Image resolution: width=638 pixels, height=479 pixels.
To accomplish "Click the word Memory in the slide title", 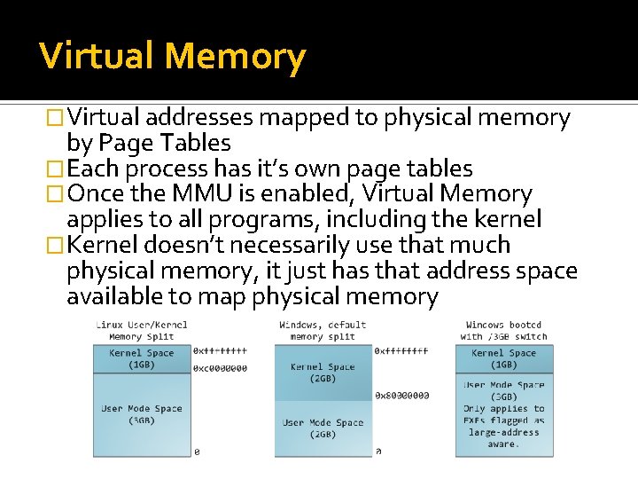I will [235, 57].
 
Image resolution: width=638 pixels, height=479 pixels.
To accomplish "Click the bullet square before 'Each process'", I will [57, 169].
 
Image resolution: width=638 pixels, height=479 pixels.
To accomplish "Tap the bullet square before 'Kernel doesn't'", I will [57, 246].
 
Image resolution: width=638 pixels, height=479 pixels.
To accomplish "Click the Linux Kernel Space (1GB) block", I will [142, 358].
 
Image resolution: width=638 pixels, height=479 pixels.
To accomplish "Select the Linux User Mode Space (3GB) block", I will [142, 414].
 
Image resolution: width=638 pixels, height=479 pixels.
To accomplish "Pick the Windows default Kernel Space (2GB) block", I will [323, 373].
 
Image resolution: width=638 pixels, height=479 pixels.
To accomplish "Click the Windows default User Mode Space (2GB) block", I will [323, 428].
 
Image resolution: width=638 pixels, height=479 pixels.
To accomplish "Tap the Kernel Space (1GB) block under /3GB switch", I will [503, 358].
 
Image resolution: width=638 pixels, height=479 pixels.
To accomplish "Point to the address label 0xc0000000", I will [221, 368].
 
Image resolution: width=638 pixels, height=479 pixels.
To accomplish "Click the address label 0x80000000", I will [401, 396].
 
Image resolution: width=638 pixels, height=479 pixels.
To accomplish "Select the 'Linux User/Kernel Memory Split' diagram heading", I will [142, 331].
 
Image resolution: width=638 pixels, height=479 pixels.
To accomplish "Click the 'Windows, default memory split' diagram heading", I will [323, 331].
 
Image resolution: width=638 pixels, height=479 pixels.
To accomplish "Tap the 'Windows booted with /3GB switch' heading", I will [503, 331].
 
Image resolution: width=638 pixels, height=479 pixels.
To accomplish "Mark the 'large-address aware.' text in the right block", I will [503, 438].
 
